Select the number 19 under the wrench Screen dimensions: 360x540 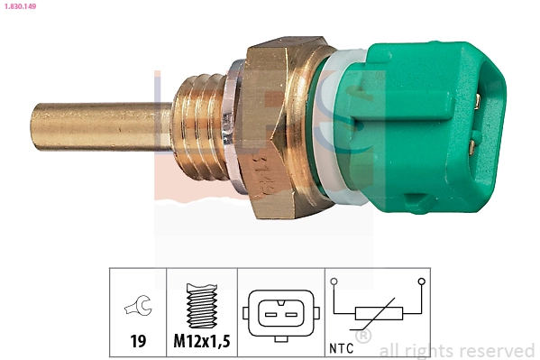click(138, 343)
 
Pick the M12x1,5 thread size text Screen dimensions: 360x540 click(202, 343)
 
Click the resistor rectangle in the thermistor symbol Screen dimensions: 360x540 click(379, 313)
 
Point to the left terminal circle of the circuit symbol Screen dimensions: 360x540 click(334, 282)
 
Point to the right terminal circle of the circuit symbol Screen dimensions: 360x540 click(422, 282)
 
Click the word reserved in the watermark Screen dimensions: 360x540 click(499, 350)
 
